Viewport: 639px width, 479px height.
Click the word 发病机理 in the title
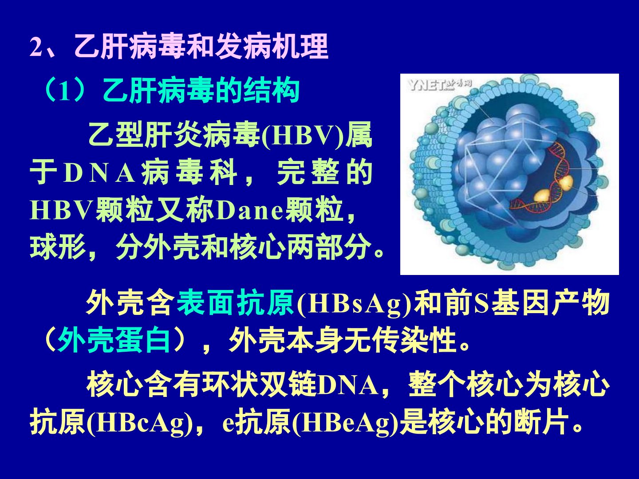271,47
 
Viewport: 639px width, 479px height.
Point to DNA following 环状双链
348,386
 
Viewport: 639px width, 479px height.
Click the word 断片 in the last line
541,422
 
